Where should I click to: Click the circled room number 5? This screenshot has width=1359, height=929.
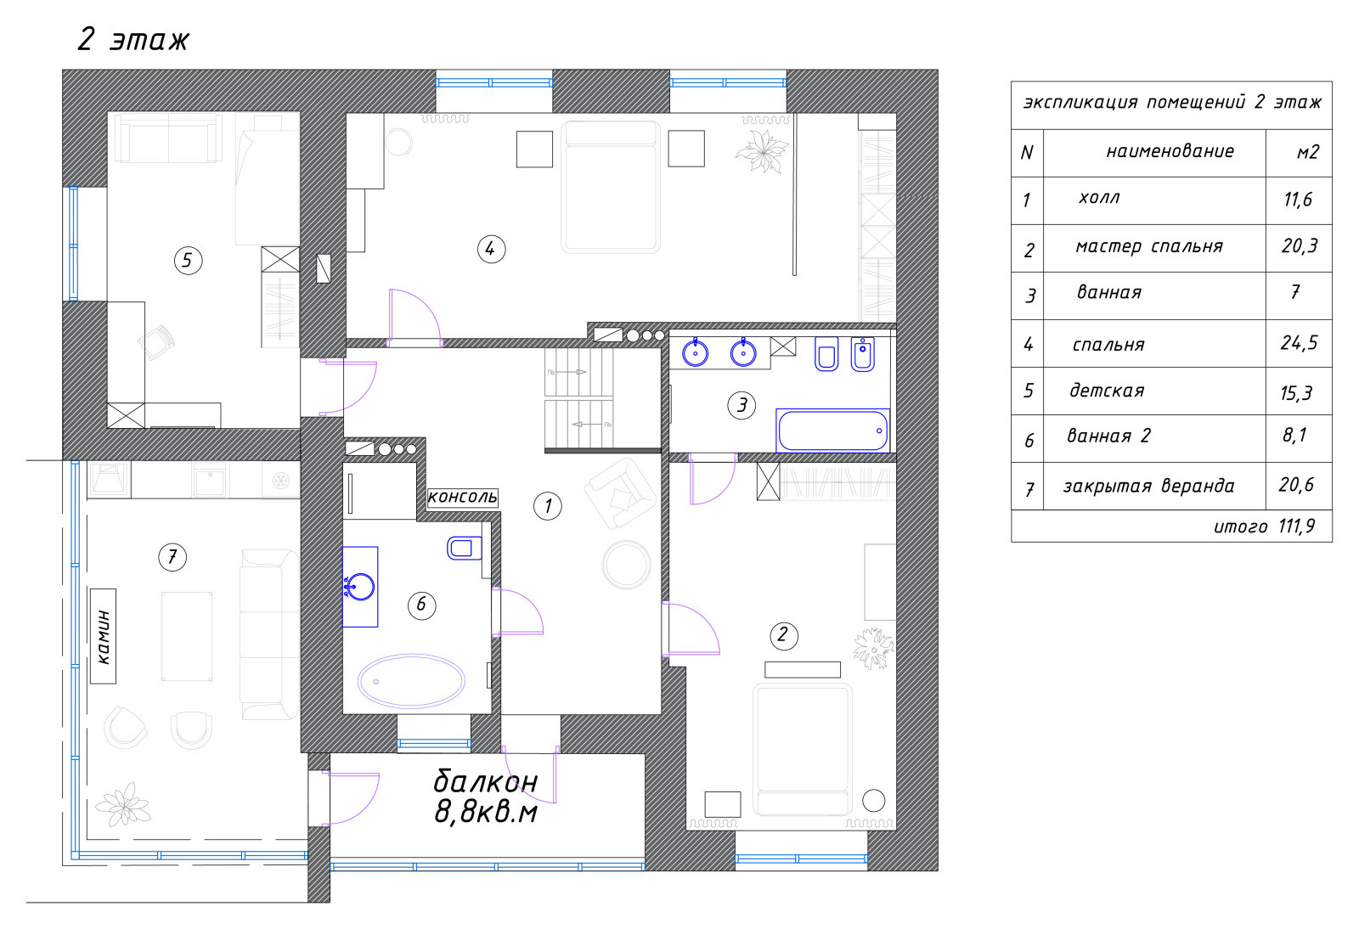pos(188,261)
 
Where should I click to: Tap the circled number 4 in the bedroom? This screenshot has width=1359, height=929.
pos(491,249)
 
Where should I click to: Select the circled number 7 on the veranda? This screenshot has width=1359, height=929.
pos(172,557)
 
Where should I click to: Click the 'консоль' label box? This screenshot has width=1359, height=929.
pos(463,498)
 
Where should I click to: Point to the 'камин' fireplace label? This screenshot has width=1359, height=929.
pos(103,636)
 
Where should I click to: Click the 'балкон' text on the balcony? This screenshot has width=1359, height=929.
pos(485,781)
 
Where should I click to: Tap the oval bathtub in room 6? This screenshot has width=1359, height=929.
pos(411,681)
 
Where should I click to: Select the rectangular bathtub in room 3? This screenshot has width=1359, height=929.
pos(832,431)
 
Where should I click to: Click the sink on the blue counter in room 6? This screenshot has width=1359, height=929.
pos(360,587)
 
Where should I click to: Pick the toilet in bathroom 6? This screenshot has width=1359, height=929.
pos(464,549)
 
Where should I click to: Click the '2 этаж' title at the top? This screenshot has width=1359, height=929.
pos(133,40)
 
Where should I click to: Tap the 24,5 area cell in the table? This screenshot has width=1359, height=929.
pos(1299,343)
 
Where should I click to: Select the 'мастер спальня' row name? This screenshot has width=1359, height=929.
pos(1149,247)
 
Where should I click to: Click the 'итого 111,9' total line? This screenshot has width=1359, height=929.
pos(1264,526)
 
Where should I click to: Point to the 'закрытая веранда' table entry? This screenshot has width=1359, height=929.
pos(1148,486)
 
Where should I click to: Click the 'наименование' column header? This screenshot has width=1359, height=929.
pos(1170,151)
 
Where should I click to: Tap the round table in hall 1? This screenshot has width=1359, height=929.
pos(626,566)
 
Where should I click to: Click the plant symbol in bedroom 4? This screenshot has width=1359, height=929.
pos(762,150)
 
